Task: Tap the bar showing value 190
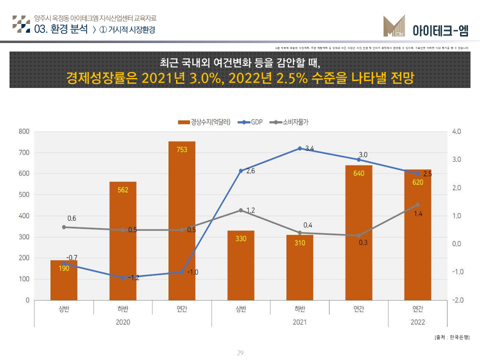tap(64, 280)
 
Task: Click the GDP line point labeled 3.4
tap(299, 148)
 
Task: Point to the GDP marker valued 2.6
tap(240, 171)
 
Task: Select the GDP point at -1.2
tap(123, 277)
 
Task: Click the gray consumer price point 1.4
tap(417, 204)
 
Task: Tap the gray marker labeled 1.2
tap(240, 210)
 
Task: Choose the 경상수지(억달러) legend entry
tap(204, 122)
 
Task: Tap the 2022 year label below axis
tap(417, 322)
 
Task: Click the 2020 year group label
tap(123, 322)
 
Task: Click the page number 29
tap(240, 353)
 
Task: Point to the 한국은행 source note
tap(452, 337)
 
